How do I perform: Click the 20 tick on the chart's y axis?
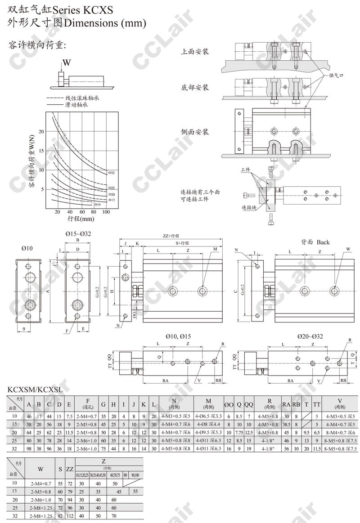coord(42,131)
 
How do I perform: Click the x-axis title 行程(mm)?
coord(81,219)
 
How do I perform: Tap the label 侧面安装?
coord(195,132)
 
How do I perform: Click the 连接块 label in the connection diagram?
coord(249,208)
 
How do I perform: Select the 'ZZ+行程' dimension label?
coord(171,236)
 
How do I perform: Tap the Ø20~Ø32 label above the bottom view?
coord(310,336)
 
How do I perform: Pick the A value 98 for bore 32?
coord(29,448)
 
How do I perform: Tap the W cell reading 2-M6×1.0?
coord(40,500)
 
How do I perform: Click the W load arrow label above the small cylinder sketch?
coord(66,63)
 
